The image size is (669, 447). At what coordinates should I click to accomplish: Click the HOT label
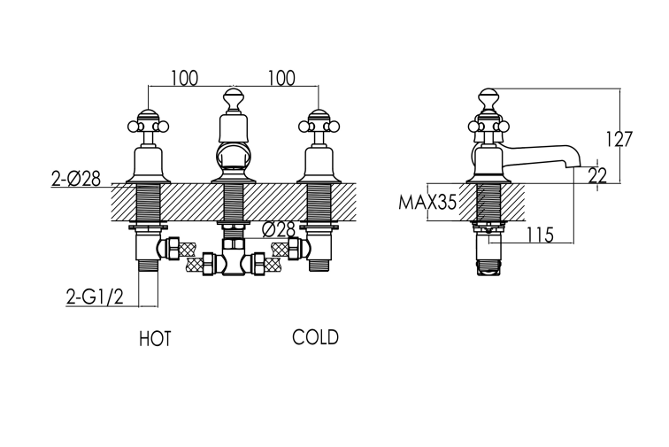click(x=155, y=338)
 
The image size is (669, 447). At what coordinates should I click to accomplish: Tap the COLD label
click(x=315, y=337)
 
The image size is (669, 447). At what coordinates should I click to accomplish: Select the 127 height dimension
click(x=619, y=139)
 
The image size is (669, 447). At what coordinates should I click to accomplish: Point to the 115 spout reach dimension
click(x=540, y=235)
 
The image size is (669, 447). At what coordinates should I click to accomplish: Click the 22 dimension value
click(x=597, y=175)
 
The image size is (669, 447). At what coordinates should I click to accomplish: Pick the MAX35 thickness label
click(x=427, y=202)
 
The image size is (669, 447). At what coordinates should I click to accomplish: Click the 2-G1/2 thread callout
click(x=95, y=297)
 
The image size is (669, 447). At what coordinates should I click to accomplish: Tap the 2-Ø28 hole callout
click(x=76, y=179)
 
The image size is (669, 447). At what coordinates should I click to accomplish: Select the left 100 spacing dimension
click(x=185, y=78)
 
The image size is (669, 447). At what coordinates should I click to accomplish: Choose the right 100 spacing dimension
click(x=281, y=78)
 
